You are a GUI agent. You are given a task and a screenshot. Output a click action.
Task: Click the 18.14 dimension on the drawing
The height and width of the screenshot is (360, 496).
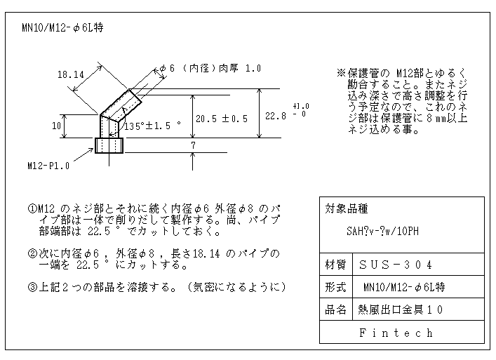point(71,74)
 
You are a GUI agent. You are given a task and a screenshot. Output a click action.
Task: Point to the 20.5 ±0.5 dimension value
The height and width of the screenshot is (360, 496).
point(222,119)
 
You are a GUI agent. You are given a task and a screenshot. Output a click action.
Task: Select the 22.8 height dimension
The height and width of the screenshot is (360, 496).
point(276,116)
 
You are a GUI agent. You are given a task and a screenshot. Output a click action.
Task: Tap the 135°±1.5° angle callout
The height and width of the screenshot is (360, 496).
point(152,126)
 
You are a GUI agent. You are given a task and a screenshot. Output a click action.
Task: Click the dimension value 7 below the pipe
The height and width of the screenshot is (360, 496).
point(193,145)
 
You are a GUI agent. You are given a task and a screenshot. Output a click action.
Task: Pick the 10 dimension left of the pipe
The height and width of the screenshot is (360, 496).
point(56,126)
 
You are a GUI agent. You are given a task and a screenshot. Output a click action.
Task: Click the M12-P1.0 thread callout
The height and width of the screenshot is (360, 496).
point(48,166)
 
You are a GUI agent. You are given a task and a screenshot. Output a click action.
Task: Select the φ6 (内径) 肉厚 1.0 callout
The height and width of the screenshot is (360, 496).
point(210,68)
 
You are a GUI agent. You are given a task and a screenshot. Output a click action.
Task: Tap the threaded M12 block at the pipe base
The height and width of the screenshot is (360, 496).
point(109,145)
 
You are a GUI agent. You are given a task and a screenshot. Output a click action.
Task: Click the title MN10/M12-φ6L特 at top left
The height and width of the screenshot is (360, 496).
point(62,28)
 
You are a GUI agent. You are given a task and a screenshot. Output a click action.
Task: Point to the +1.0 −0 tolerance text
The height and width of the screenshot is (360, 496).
point(301,109)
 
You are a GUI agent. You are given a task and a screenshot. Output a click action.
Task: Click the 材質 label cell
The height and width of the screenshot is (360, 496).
point(335,265)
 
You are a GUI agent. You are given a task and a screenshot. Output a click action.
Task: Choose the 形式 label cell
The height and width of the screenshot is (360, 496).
point(335,287)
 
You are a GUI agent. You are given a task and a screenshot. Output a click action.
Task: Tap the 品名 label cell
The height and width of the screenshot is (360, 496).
point(335,309)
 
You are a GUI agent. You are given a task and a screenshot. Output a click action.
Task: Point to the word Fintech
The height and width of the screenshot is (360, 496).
point(396,333)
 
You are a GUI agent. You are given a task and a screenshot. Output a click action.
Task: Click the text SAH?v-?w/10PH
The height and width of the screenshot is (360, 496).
point(383,232)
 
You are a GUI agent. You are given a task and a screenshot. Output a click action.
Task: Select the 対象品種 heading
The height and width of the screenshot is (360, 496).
point(347,209)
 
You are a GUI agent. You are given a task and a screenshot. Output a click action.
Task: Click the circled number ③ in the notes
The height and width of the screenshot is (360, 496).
point(32,287)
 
